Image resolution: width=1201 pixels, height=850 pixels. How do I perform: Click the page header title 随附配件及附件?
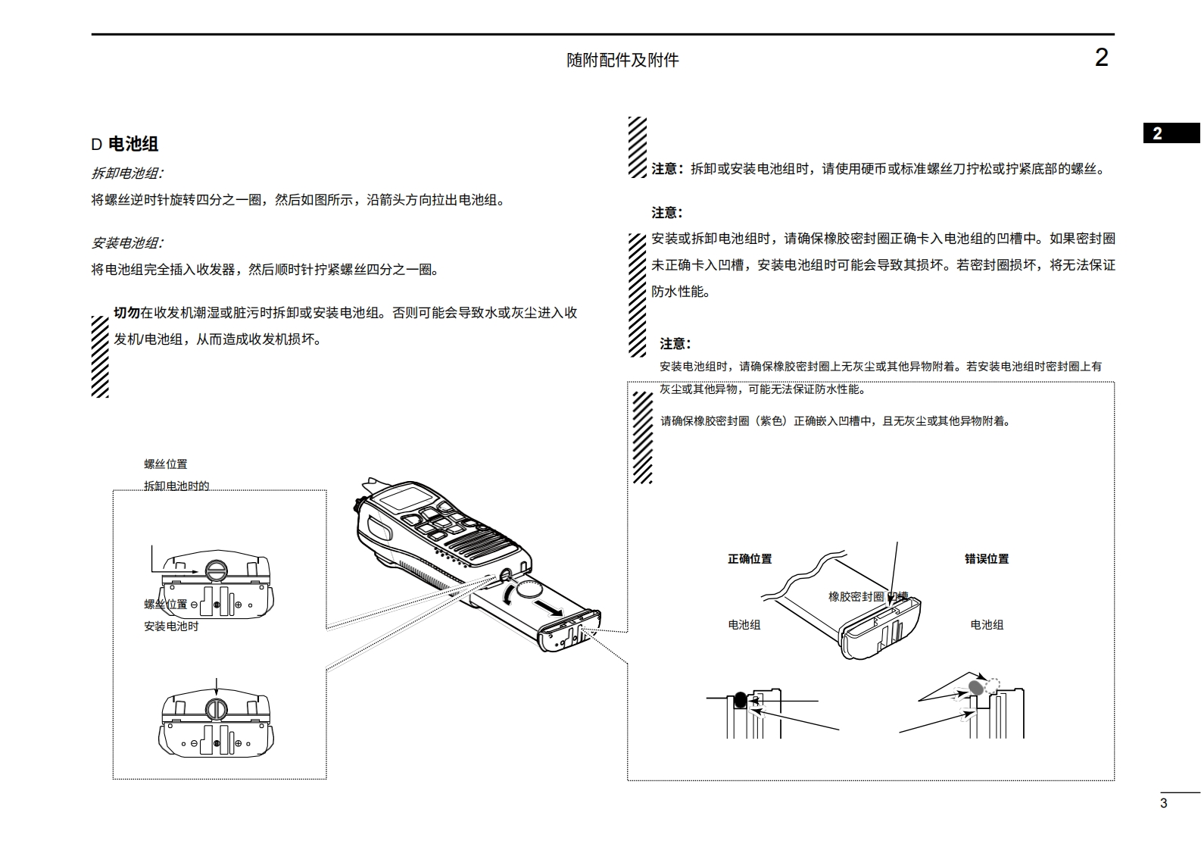click(622, 60)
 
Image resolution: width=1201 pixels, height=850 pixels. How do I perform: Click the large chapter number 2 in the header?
click(1101, 58)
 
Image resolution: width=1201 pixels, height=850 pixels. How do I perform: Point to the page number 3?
click(1164, 804)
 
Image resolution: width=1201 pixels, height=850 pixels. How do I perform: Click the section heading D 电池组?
click(125, 144)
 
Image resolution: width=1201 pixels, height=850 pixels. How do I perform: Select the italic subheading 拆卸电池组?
click(126, 173)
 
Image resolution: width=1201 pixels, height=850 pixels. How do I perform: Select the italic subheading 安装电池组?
click(126, 243)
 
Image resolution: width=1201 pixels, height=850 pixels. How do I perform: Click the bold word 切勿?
click(126, 313)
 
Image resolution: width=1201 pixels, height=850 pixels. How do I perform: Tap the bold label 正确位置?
click(750, 559)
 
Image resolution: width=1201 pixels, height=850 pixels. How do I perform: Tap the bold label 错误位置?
click(987, 559)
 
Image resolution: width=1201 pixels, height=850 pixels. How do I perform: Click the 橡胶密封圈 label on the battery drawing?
click(856, 597)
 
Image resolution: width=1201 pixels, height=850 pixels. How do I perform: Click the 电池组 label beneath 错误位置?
click(987, 625)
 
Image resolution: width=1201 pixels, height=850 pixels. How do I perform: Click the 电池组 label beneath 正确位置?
click(744, 625)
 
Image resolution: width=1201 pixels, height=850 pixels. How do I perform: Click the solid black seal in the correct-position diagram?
click(739, 700)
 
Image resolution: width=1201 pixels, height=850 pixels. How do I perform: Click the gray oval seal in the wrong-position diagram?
click(976, 688)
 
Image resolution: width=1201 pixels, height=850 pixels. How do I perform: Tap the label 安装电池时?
click(171, 627)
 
